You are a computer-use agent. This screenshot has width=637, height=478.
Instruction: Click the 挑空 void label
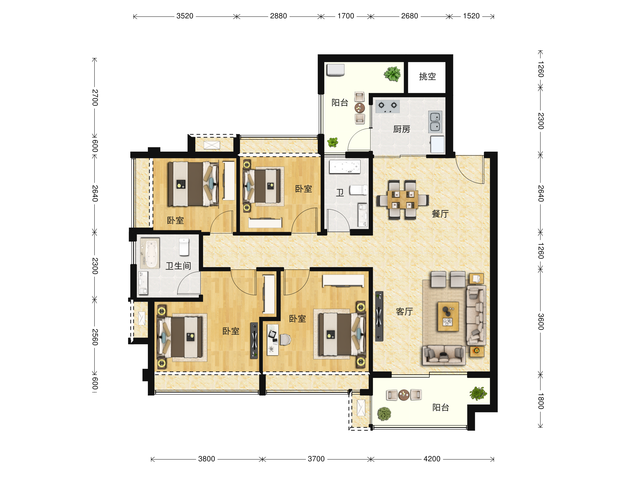point(427,76)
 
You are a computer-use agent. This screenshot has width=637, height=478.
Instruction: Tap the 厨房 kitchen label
point(402,129)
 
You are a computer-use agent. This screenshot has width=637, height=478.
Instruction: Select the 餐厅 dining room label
point(440,214)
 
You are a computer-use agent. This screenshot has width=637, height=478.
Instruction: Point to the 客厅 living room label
point(404,311)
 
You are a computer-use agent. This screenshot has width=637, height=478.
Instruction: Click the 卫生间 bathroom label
point(178,266)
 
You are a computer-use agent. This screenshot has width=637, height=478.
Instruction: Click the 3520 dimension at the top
point(184,16)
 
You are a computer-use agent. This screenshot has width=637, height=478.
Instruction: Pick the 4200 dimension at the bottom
point(432,459)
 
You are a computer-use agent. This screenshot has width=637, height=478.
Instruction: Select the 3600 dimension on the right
point(541,322)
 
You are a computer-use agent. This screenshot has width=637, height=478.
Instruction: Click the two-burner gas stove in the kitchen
point(387,106)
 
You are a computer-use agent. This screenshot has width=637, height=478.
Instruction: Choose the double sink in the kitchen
point(435,121)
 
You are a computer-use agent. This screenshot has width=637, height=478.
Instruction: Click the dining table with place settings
point(403,199)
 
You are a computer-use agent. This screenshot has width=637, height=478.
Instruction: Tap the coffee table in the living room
point(448,316)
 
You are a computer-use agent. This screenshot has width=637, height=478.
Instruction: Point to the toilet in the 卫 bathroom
point(359,190)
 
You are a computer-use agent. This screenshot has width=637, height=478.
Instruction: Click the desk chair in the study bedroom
point(285,339)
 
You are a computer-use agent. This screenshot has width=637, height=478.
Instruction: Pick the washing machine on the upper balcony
point(335,70)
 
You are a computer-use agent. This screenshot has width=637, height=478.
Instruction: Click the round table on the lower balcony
point(404,395)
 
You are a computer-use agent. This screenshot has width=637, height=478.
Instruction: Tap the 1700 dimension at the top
point(346,16)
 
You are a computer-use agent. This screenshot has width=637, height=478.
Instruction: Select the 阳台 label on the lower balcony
point(441,407)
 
